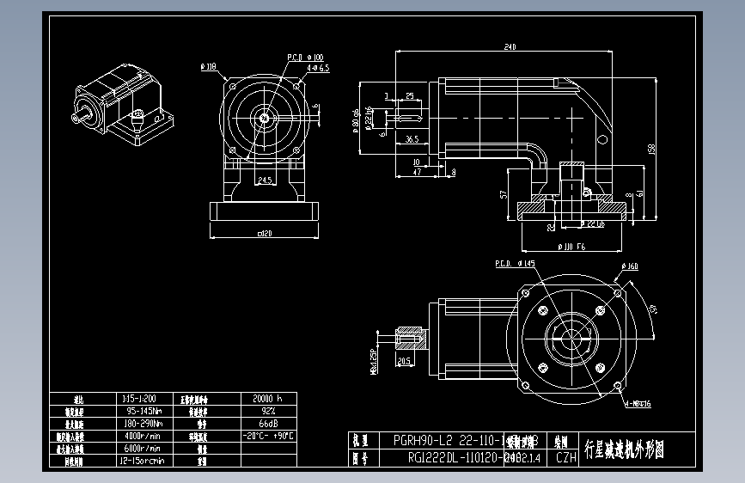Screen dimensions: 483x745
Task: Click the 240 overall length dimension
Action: (x=510, y=46)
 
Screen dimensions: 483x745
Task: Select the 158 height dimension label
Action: (x=651, y=150)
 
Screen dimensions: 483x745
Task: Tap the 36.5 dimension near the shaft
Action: (x=412, y=138)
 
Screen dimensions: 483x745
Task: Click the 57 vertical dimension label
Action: (x=502, y=195)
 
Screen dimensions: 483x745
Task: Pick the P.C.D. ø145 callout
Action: (x=515, y=264)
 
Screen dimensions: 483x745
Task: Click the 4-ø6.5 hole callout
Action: (x=317, y=67)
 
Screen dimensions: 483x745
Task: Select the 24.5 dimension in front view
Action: (x=265, y=180)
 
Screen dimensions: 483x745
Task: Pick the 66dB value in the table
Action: (x=267, y=424)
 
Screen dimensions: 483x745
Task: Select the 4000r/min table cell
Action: (x=141, y=436)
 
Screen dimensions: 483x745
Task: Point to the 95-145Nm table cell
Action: (x=141, y=411)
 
